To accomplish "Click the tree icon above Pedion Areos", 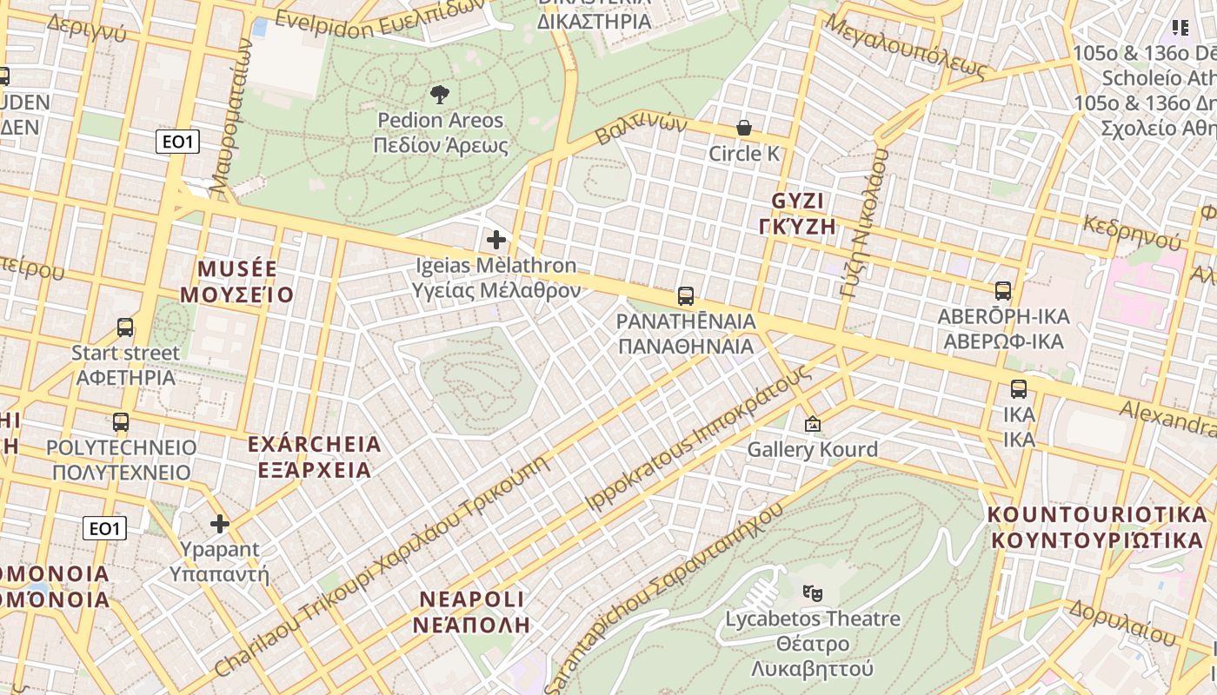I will [440, 94].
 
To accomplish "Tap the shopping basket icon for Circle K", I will [744, 128].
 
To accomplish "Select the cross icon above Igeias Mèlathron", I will [496, 239].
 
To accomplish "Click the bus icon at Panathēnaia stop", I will [686, 296].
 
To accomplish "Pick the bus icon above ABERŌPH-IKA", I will [1003, 291].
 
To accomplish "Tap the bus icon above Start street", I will [125, 328].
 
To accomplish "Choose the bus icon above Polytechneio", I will [121, 422].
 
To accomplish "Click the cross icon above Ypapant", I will [220, 524].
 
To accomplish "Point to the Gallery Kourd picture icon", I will [813, 424].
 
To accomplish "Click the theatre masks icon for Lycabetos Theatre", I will [813, 593].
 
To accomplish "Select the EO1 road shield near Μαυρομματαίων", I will [177, 142].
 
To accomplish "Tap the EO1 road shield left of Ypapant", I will [104, 528].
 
